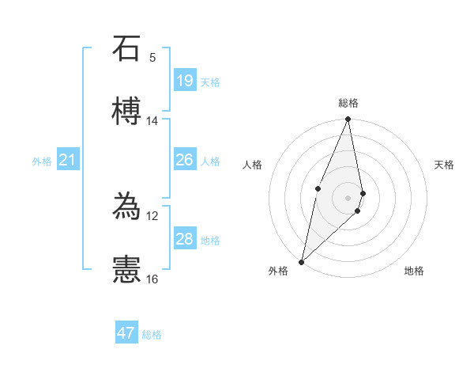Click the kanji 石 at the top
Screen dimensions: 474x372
pos(126,50)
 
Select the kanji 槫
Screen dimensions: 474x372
pos(126,112)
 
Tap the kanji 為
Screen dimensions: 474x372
pos(126,207)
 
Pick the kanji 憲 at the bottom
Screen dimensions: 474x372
pos(126,269)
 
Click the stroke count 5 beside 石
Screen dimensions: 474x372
pos(152,58)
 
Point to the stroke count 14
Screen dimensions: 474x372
pos(152,121)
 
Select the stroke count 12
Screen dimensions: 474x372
pos(152,215)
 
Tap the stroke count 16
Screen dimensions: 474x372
pos(152,279)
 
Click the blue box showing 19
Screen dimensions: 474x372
pos(185,81)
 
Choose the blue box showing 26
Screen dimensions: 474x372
pos(185,160)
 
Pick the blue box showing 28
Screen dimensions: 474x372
pos(185,239)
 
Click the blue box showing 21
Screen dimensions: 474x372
pos(68,161)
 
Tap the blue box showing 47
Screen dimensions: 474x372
pos(126,333)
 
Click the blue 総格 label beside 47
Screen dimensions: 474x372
pos(152,335)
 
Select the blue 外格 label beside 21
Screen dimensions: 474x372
pos(42,161)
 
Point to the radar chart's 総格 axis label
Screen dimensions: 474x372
pos(348,103)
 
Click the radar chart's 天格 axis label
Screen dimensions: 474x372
pos(444,165)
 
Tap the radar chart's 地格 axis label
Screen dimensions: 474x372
pos(414,271)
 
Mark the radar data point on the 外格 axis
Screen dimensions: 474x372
pos(301,261)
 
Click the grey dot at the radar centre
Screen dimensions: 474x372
pos(348,197)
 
